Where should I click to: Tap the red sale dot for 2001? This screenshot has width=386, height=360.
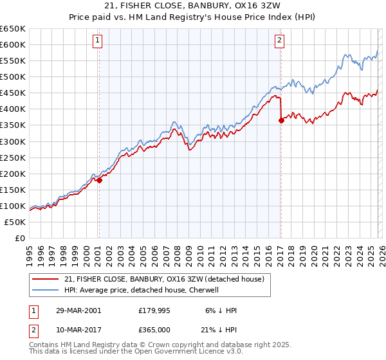(x=99, y=180)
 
